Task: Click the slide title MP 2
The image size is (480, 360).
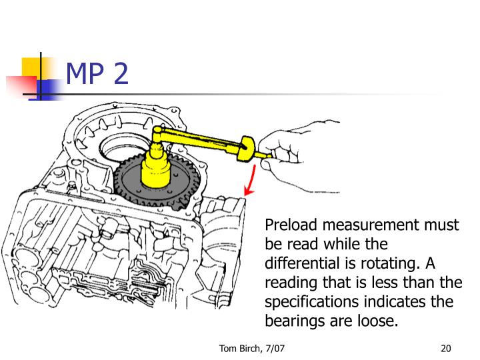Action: point(97,75)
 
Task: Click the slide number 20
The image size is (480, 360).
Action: point(447,348)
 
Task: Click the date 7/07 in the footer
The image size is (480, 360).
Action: point(276,348)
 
